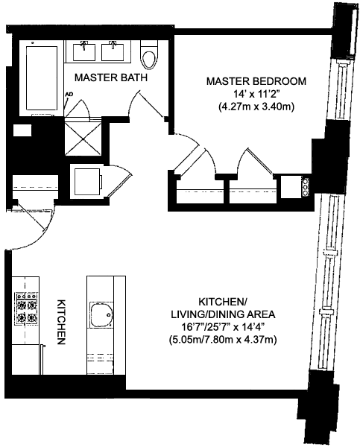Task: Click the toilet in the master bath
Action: tap(149, 54)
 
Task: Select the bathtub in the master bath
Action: tap(42, 77)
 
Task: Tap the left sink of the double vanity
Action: tap(84, 51)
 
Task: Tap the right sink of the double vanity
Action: tap(113, 51)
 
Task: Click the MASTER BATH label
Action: tap(110, 77)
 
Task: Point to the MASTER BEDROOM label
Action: tap(256, 81)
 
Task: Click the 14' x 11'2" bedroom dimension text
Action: tap(256, 94)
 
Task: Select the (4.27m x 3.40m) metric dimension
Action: tap(256, 107)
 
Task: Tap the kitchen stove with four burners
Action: tap(27, 308)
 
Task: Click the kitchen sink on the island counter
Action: tap(101, 314)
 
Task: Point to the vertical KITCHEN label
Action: tap(62, 322)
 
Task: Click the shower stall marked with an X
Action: tap(83, 139)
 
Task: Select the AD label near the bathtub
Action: tap(69, 94)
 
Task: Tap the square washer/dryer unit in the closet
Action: tap(87, 182)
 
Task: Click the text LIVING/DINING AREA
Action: tap(223, 314)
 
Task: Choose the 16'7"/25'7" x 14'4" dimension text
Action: tap(223, 327)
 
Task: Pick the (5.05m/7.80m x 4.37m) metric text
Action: tap(223, 340)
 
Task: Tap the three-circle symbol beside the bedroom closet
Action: tap(306, 187)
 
